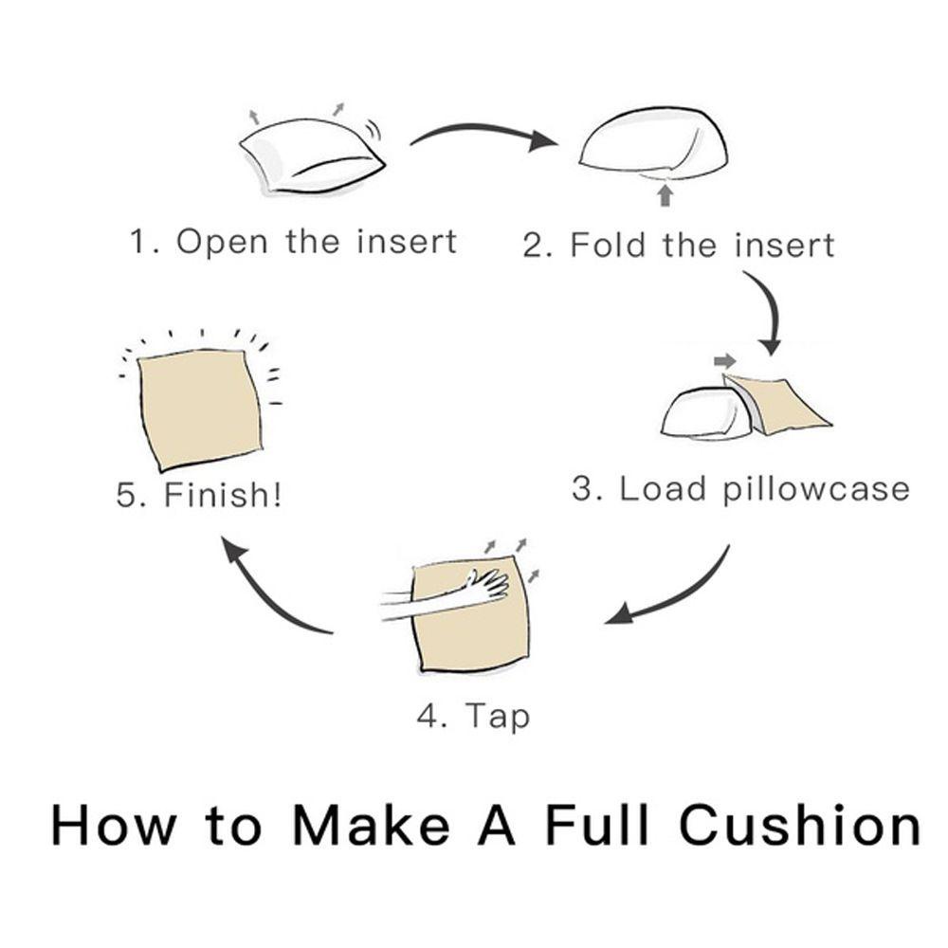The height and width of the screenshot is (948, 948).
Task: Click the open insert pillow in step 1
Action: click(x=311, y=156)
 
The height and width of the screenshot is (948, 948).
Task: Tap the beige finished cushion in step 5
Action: click(x=200, y=410)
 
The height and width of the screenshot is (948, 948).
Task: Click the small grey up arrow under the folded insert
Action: click(x=665, y=195)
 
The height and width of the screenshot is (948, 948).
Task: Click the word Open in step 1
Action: click(x=221, y=243)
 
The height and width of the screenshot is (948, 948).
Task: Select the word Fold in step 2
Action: click(x=609, y=245)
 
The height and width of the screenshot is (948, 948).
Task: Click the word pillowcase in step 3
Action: click(x=816, y=489)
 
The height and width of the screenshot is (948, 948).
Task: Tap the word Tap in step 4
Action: click(x=498, y=717)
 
